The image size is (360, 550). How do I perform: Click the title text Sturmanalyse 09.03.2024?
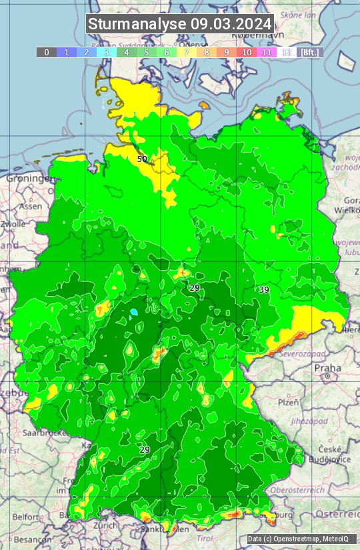(x=180, y=24)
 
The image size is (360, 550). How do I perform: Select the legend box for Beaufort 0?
(x=46, y=52)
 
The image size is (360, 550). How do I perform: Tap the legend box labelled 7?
(x=187, y=52)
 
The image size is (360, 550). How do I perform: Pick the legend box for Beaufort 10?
(x=247, y=52)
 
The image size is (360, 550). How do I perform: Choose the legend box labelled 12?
(x=287, y=52)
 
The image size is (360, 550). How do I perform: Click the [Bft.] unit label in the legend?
(x=309, y=52)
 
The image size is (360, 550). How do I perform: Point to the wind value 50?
(x=142, y=159)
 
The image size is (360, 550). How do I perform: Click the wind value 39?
(x=264, y=289)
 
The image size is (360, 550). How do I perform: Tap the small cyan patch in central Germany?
(x=134, y=311)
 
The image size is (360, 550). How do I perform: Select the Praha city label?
(x=327, y=368)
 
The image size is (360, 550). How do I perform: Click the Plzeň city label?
(x=288, y=403)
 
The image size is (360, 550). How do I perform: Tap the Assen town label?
(x=30, y=207)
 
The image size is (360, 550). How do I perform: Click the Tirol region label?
(x=204, y=538)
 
